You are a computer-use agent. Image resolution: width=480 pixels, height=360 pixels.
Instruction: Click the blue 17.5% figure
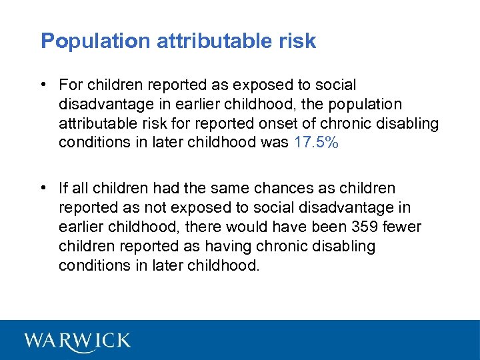(316, 143)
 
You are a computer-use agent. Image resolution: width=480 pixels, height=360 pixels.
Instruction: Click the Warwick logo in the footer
(77, 341)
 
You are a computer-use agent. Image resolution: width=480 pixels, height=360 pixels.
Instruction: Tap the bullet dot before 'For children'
(43, 85)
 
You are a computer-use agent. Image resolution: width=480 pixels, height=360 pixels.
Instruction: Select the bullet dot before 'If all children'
(43, 189)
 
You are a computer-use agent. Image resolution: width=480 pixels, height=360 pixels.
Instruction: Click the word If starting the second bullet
(63, 189)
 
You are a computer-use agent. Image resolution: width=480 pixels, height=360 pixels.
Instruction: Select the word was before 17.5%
(275, 143)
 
